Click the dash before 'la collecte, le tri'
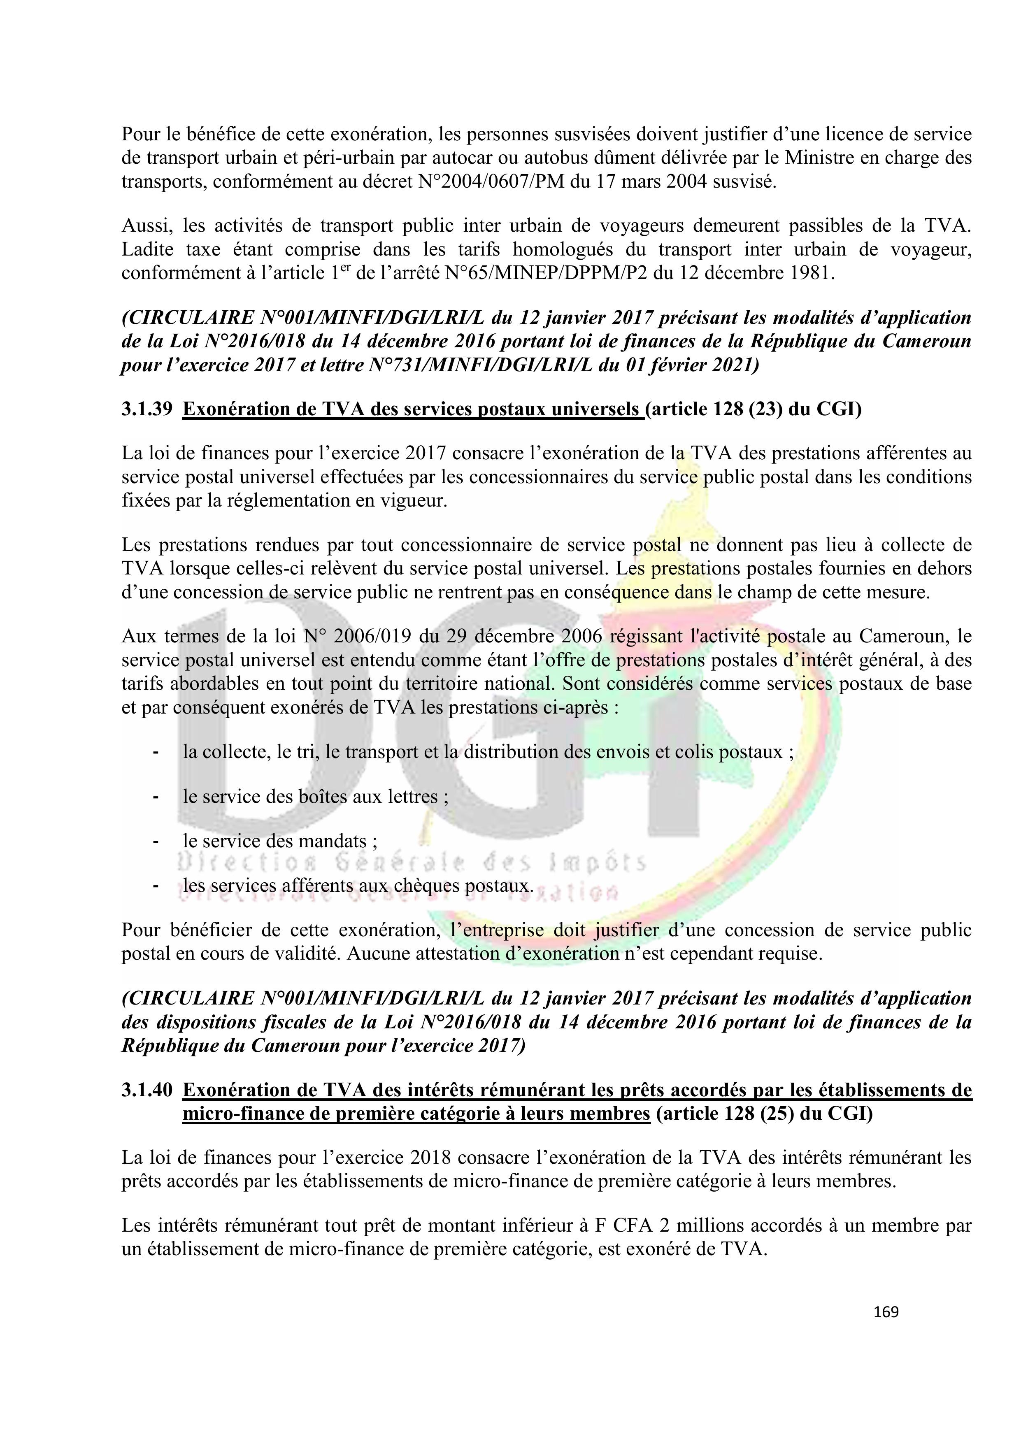[154, 752]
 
